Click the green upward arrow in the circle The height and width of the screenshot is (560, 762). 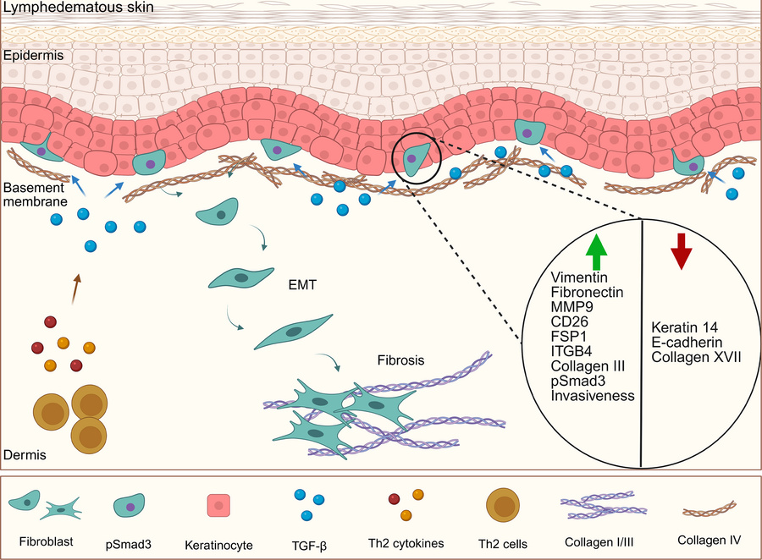pos(597,250)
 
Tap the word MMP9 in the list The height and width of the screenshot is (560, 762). pos(569,306)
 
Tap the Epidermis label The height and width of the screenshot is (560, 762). pos(31,57)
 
